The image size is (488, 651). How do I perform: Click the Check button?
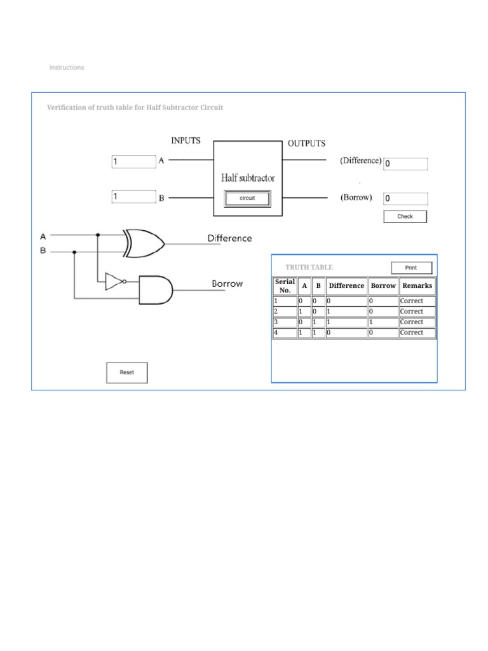[x=405, y=217]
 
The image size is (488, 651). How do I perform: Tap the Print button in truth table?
[x=411, y=268]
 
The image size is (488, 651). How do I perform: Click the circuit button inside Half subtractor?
[x=247, y=198]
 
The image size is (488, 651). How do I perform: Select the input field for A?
[x=133, y=162]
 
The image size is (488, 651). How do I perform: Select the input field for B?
[x=133, y=197]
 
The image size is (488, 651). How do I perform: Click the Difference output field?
[x=405, y=164]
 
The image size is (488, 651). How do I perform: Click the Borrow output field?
[x=405, y=198]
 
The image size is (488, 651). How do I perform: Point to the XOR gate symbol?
[x=144, y=243]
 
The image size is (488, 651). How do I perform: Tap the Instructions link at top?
[x=67, y=67]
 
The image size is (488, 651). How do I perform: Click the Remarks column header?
[x=417, y=286]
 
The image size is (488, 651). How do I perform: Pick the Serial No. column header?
[x=285, y=286]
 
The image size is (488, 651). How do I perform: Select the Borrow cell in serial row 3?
[x=383, y=322]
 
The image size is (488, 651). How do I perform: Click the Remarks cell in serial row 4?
[x=417, y=332]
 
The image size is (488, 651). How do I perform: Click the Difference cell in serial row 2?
[x=346, y=312]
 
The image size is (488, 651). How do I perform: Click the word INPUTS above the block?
[x=186, y=140]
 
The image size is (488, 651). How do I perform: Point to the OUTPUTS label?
[x=307, y=144]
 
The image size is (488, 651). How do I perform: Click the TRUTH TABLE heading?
[x=309, y=268]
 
